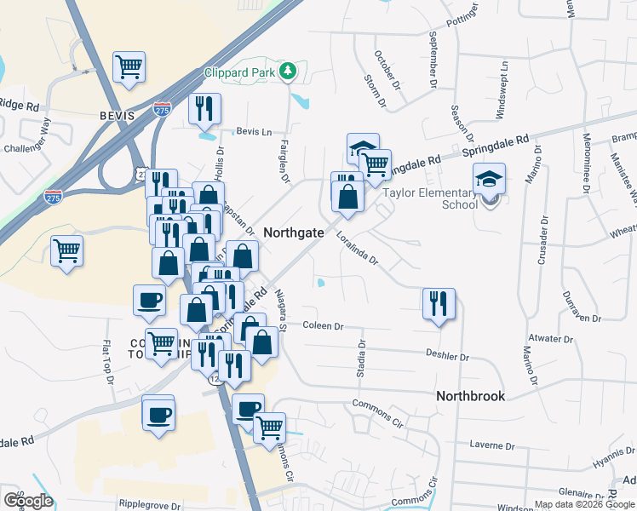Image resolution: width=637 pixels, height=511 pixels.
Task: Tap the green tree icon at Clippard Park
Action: point(289,72)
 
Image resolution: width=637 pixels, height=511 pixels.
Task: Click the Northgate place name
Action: point(293,232)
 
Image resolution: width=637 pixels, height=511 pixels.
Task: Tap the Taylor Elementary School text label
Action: point(430,198)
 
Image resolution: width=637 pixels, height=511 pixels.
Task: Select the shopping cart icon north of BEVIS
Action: point(129,66)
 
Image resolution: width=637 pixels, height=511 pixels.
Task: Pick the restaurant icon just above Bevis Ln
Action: point(205,108)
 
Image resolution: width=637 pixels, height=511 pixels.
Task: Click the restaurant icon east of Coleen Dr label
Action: point(439,303)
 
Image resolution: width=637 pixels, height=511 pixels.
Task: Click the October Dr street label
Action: point(386,68)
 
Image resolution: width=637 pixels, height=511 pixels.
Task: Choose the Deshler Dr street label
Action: point(447,354)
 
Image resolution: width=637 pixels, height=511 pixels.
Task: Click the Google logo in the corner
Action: point(27,501)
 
